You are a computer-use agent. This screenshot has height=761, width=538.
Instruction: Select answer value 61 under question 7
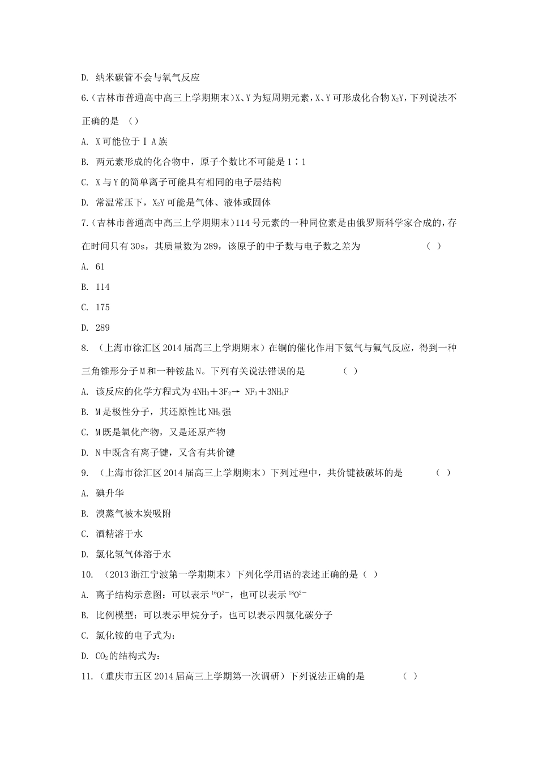coord(100,267)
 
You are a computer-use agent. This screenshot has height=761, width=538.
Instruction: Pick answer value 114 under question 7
coord(103,287)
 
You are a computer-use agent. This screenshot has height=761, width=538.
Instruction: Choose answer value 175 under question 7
coord(103,307)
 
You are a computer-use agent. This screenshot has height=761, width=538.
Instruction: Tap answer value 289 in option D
coord(103,328)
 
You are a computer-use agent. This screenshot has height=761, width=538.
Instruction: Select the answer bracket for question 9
coord(443,473)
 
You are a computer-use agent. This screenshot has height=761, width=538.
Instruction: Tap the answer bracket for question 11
coord(411,676)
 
